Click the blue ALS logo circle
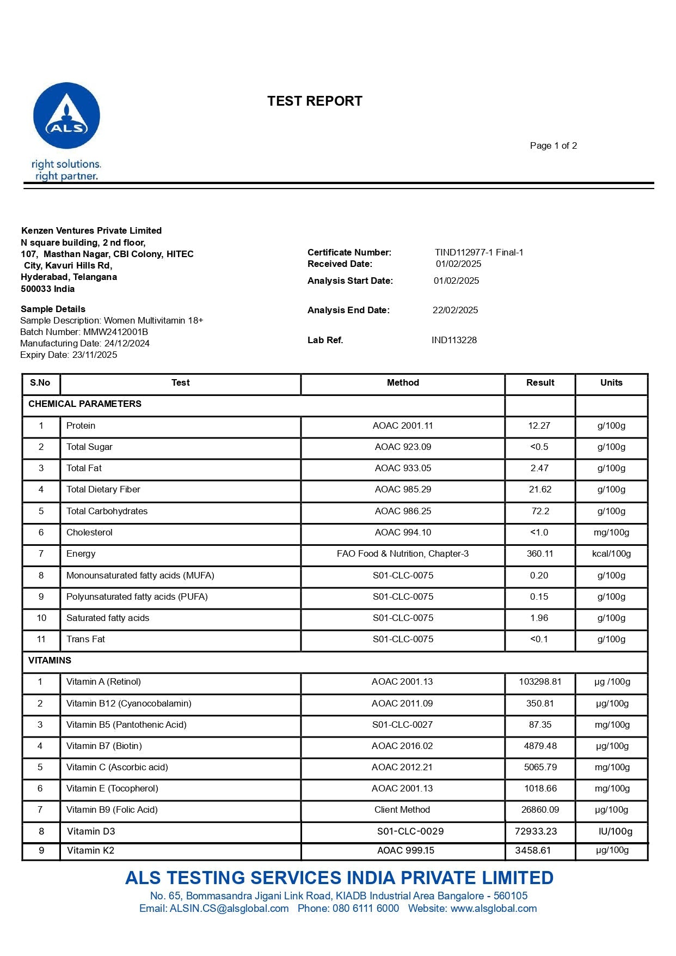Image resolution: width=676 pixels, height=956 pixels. click(x=66, y=115)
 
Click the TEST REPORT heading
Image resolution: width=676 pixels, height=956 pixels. click(x=315, y=101)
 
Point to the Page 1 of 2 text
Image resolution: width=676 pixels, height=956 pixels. click(x=553, y=145)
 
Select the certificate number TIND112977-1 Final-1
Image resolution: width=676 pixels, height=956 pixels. click(x=479, y=252)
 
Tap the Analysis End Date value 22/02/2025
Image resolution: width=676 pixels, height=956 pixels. click(x=455, y=310)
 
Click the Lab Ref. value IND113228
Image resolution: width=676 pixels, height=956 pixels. click(x=454, y=340)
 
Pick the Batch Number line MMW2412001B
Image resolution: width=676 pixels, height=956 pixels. click(x=84, y=332)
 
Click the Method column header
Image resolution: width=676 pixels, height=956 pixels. click(x=403, y=383)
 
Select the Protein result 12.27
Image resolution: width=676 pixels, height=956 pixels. click(x=539, y=425)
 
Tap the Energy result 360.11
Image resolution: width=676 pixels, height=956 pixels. click(x=540, y=553)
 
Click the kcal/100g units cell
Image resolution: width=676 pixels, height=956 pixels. click(x=611, y=553)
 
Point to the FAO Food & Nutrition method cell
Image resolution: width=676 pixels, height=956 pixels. click(x=403, y=553)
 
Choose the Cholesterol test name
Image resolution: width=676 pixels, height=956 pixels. click(x=89, y=532)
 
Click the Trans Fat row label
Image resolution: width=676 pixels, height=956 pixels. click(x=85, y=639)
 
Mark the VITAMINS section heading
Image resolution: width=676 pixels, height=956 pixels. click(x=50, y=660)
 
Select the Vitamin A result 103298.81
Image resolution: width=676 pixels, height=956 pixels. click(x=540, y=681)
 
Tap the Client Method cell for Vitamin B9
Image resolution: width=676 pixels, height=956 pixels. click(x=402, y=809)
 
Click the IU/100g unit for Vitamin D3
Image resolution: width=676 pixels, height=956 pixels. click(x=615, y=831)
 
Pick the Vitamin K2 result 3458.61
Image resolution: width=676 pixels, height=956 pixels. click(x=533, y=850)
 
